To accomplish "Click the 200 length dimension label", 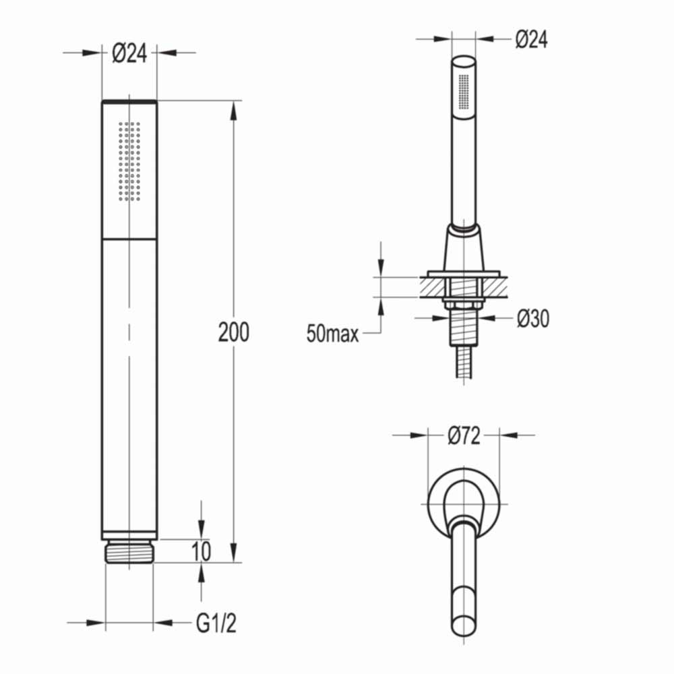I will click(x=233, y=332).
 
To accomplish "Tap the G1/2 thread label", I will click(x=216, y=624).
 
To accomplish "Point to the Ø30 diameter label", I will click(x=532, y=319).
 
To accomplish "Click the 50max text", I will click(x=332, y=334).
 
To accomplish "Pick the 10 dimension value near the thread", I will click(x=200, y=551).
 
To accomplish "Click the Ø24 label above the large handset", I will click(x=129, y=53).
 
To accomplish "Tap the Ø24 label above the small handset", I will click(x=532, y=40).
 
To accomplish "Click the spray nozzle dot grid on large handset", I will click(x=129, y=161).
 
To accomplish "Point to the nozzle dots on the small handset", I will click(x=464, y=91).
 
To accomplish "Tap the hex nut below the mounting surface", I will click(x=464, y=305).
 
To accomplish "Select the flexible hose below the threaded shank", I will click(x=464, y=364).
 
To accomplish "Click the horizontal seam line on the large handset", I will click(x=129, y=239).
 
